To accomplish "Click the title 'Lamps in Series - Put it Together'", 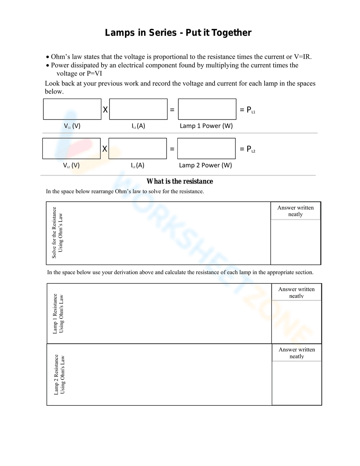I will coord(178,33).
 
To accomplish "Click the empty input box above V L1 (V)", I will coord(72,109).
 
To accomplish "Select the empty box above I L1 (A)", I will coord(138,109).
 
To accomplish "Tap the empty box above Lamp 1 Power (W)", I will coord(207,109).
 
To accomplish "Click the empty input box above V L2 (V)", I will coord(71,148).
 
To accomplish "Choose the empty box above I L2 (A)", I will coord(138,148).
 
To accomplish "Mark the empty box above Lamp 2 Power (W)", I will coord(206,148).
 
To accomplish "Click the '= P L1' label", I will coord(247,110).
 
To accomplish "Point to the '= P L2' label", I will coord(247,149).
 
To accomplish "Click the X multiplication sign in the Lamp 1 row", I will coord(105,110).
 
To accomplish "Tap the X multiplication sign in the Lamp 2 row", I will coord(104,149).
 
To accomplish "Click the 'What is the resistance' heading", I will coord(180,181).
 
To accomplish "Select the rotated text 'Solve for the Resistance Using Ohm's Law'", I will coord(57,233).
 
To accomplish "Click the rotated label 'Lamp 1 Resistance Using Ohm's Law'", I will coord(58,314).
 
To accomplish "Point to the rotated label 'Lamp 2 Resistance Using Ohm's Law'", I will coord(59,375).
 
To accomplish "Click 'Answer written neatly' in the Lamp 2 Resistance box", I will coord(297,353).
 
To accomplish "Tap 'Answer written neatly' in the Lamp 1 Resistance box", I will coord(296,292).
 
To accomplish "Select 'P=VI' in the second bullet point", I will coord(94,73).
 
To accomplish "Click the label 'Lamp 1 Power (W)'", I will coord(206,126).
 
